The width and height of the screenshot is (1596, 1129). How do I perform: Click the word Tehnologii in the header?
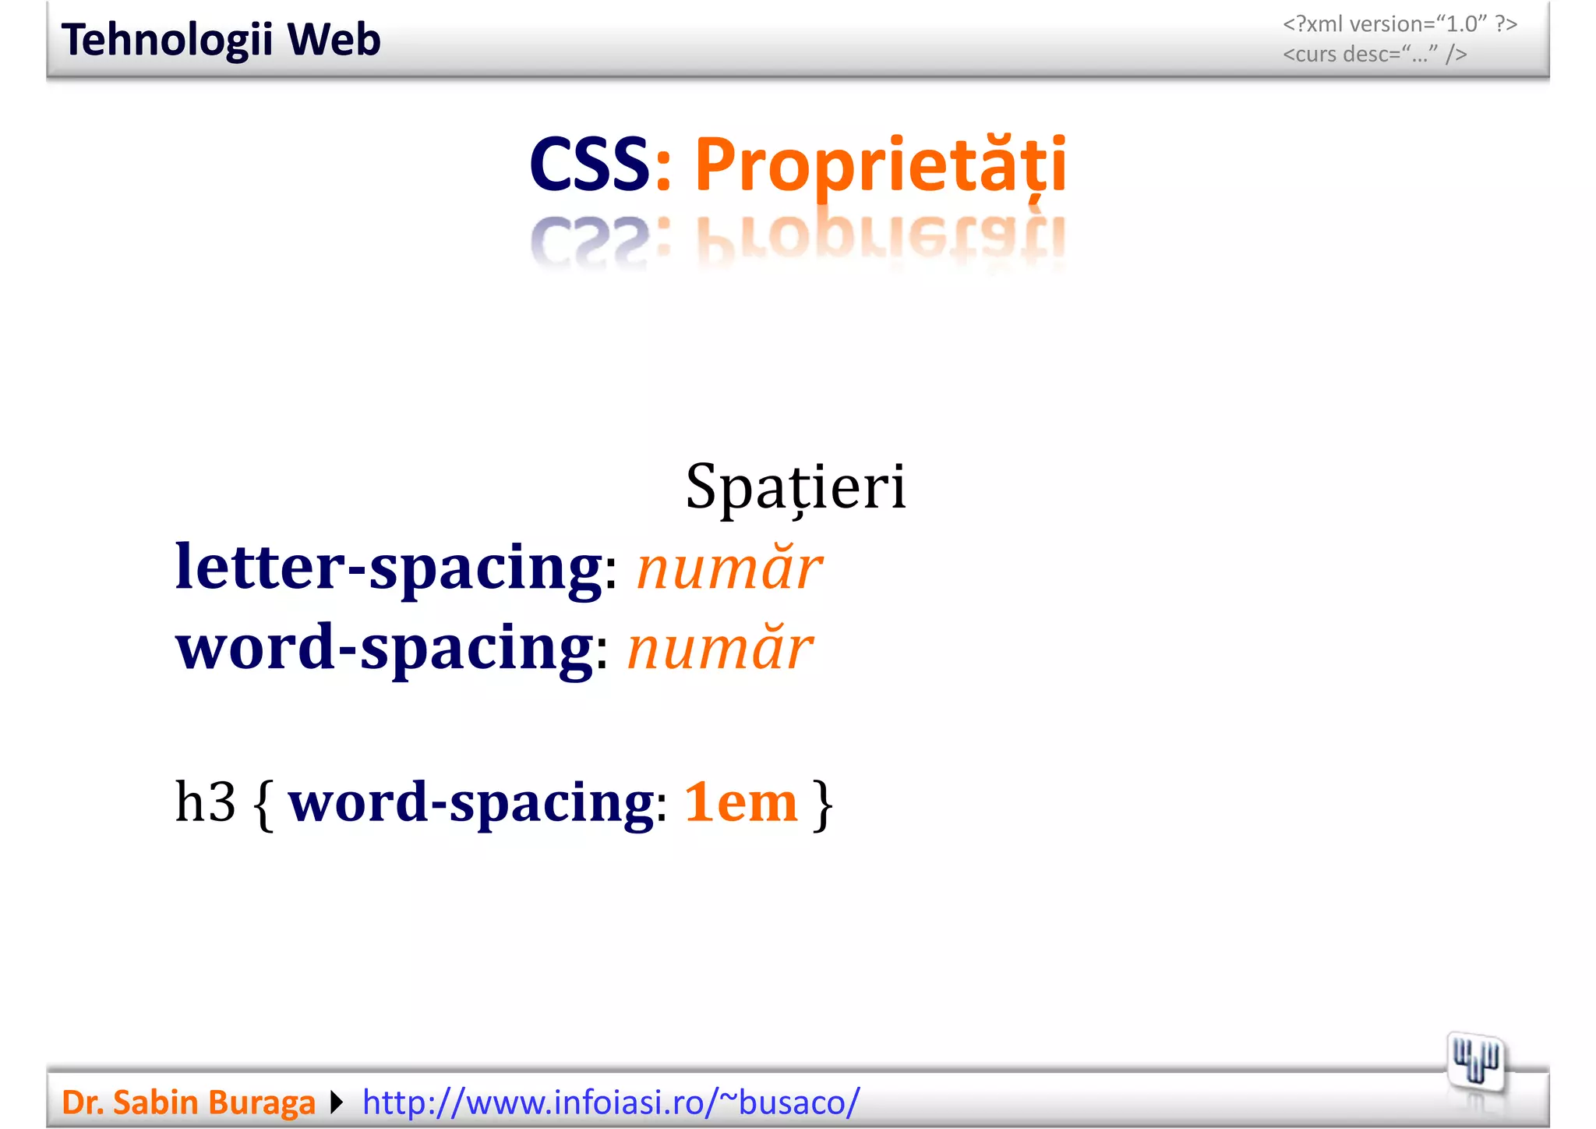click(166, 40)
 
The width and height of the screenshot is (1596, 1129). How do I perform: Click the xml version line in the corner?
click(1400, 24)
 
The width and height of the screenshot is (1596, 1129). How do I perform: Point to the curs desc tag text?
click(1375, 55)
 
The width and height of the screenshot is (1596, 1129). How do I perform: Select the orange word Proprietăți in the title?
click(880, 165)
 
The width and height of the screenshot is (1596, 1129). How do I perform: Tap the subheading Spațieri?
click(796, 487)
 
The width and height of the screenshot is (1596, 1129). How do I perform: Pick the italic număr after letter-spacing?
click(729, 568)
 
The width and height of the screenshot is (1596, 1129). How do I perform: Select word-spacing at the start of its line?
click(384, 648)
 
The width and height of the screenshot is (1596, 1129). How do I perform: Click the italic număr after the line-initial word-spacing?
click(719, 649)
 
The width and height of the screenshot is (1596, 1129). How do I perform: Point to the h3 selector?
click(205, 802)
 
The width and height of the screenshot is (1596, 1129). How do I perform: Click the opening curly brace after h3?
click(264, 804)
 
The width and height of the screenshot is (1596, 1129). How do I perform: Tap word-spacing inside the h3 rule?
click(471, 802)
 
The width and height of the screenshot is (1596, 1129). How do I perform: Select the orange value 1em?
click(740, 802)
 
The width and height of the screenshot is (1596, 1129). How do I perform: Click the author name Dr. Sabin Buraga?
click(188, 1102)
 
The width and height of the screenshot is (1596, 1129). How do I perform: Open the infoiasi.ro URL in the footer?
click(611, 1102)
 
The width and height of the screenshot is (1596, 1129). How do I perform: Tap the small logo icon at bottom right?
click(1476, 1063)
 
